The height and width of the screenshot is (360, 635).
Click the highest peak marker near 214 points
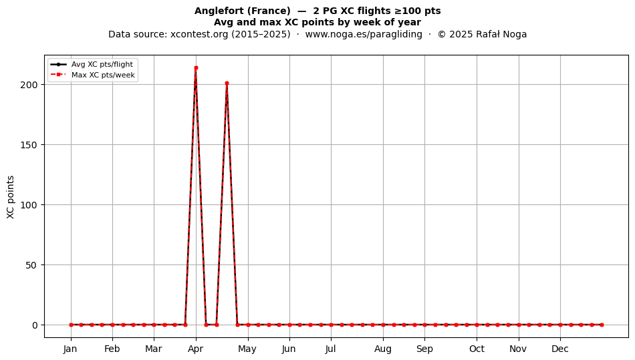(x=196, y=68)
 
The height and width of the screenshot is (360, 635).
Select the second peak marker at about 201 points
(x=227, y=83)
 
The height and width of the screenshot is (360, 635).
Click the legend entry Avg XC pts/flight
(x=102, y=64)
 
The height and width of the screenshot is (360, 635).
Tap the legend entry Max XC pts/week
(x=103, y=75)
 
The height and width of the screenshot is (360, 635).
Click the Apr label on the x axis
(x=196, y=349)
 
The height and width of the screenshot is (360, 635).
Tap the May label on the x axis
(x=247, y=349)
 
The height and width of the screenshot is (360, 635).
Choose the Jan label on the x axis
(x=70, y=349)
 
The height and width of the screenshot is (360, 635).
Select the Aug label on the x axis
(x=383, y=349)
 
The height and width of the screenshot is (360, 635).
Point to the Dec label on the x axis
(x=560, y=349)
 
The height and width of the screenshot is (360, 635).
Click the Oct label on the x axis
(x=477, y=349)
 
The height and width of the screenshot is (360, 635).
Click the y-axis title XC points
(x=11, y=197)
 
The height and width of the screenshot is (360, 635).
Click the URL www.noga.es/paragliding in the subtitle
(x=364, y=34)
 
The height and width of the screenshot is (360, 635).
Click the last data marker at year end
(x=602, y=325)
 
